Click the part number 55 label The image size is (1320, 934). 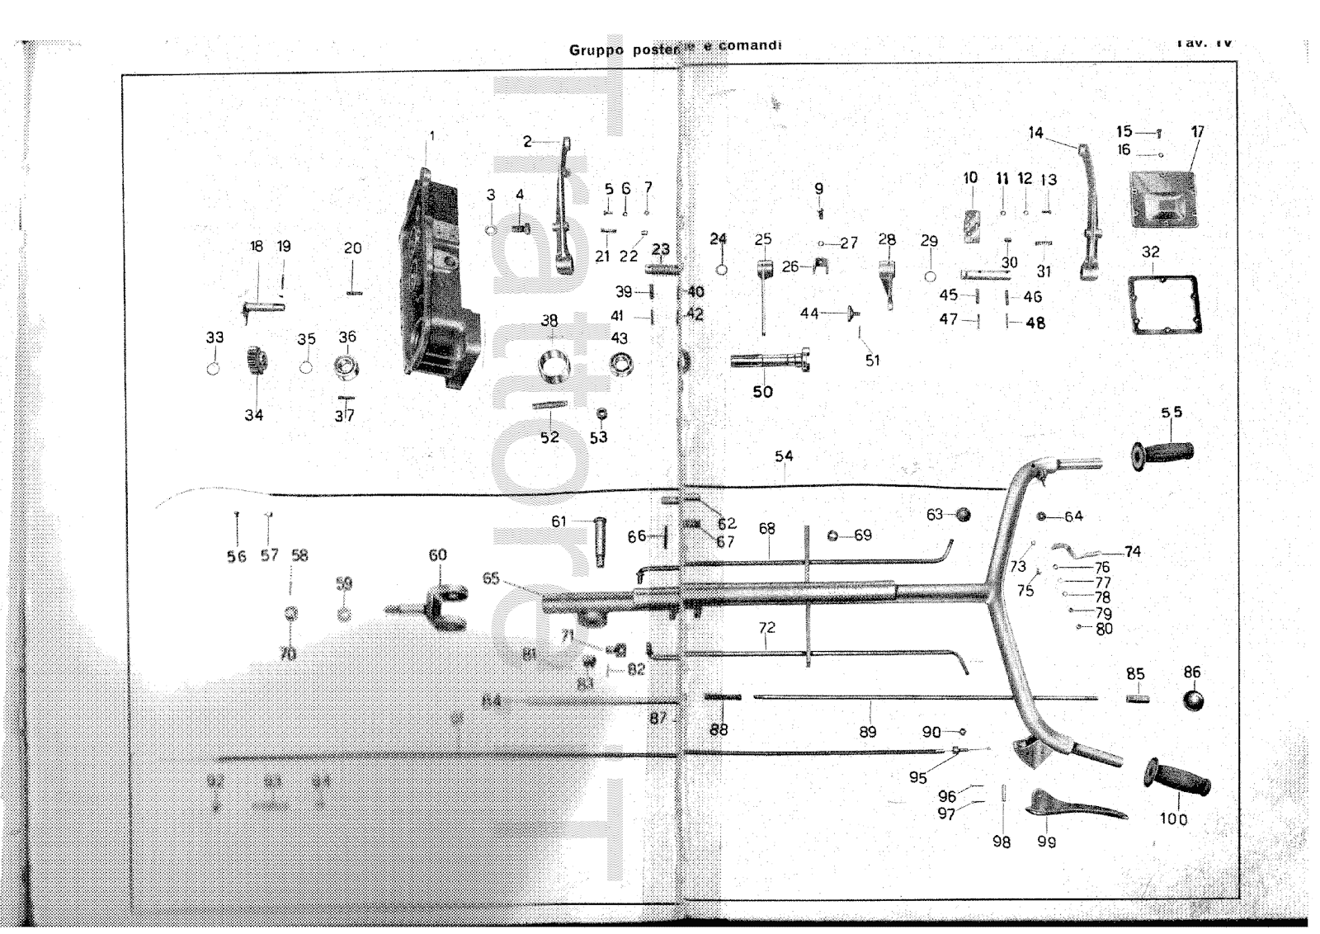point(1171,413)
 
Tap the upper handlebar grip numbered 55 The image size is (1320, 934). point(1162,454)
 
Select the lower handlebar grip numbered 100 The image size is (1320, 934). point(1176,779)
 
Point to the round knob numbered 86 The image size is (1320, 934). point(1193,700)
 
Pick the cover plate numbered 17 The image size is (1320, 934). point(1162,198)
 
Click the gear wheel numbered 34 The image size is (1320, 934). point(255,362)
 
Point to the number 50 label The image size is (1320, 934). point(762,392)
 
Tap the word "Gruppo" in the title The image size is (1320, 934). point(596,50)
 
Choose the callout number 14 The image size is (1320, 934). point(1035,133)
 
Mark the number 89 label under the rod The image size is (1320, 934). point(867,731)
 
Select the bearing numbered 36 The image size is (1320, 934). point(346,366)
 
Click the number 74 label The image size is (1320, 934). point(1133,551)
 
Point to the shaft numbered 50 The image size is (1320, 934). point(767,361)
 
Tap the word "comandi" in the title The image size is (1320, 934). point(750,45)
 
